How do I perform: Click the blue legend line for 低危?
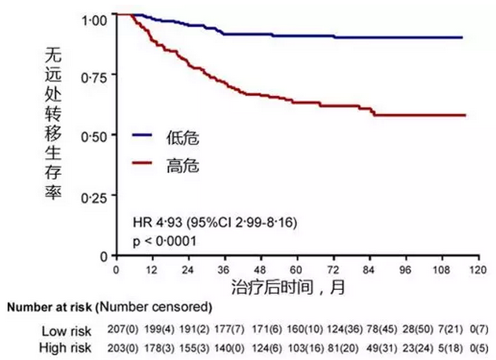click(142, 136)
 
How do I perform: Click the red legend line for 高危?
click(142, 164)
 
